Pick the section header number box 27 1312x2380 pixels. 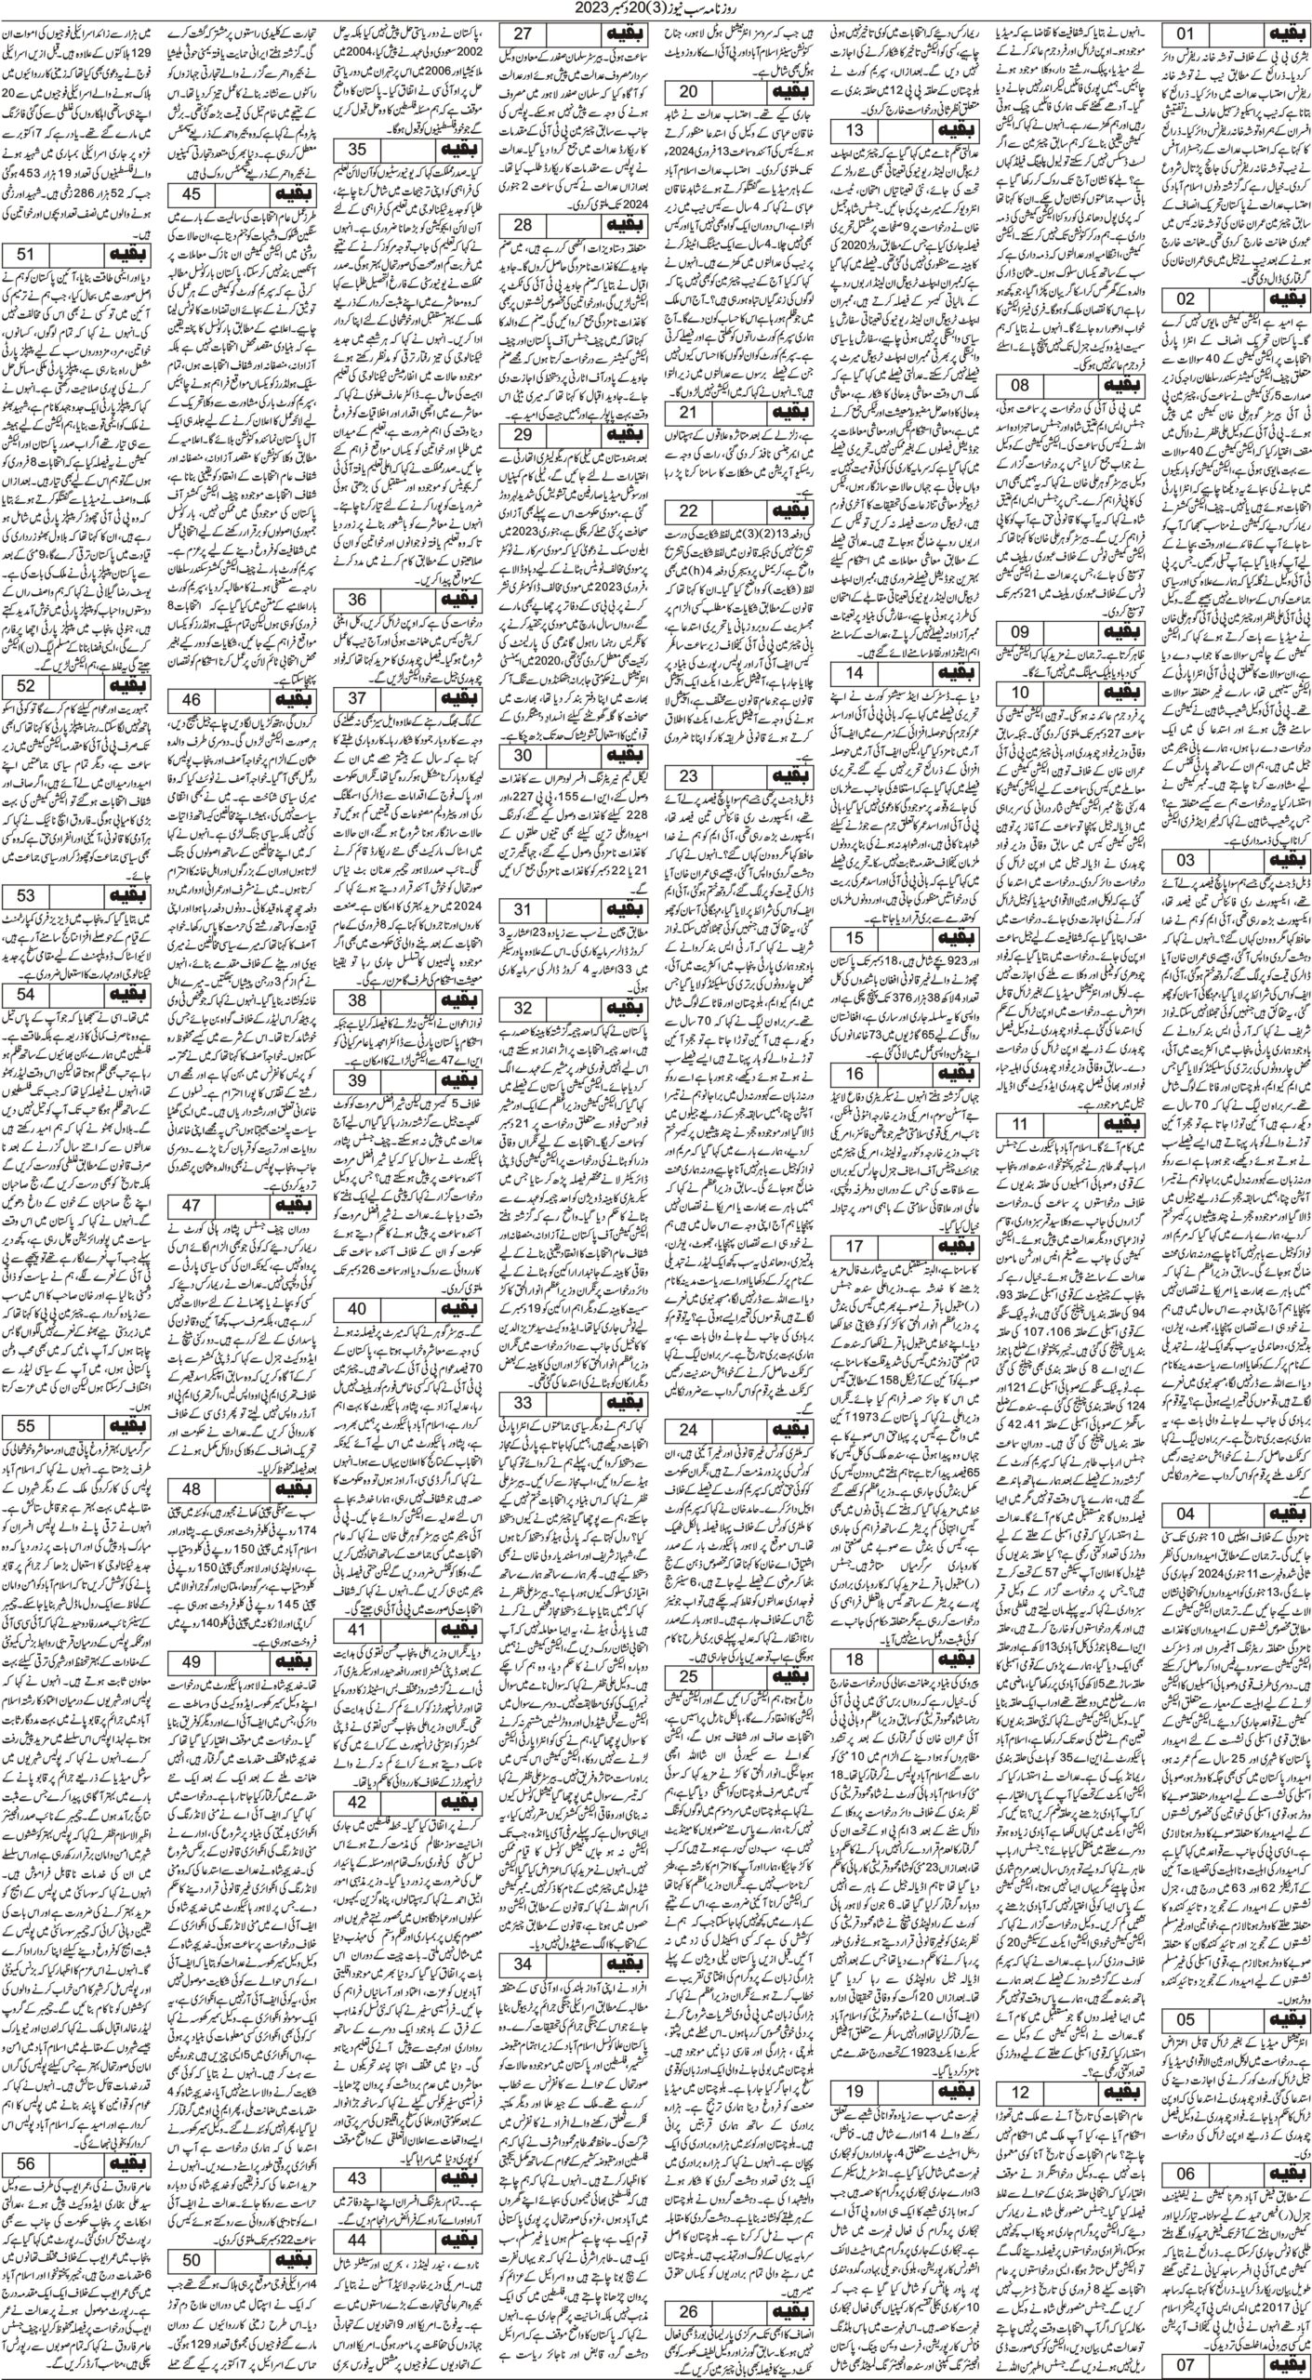(523, 35)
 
